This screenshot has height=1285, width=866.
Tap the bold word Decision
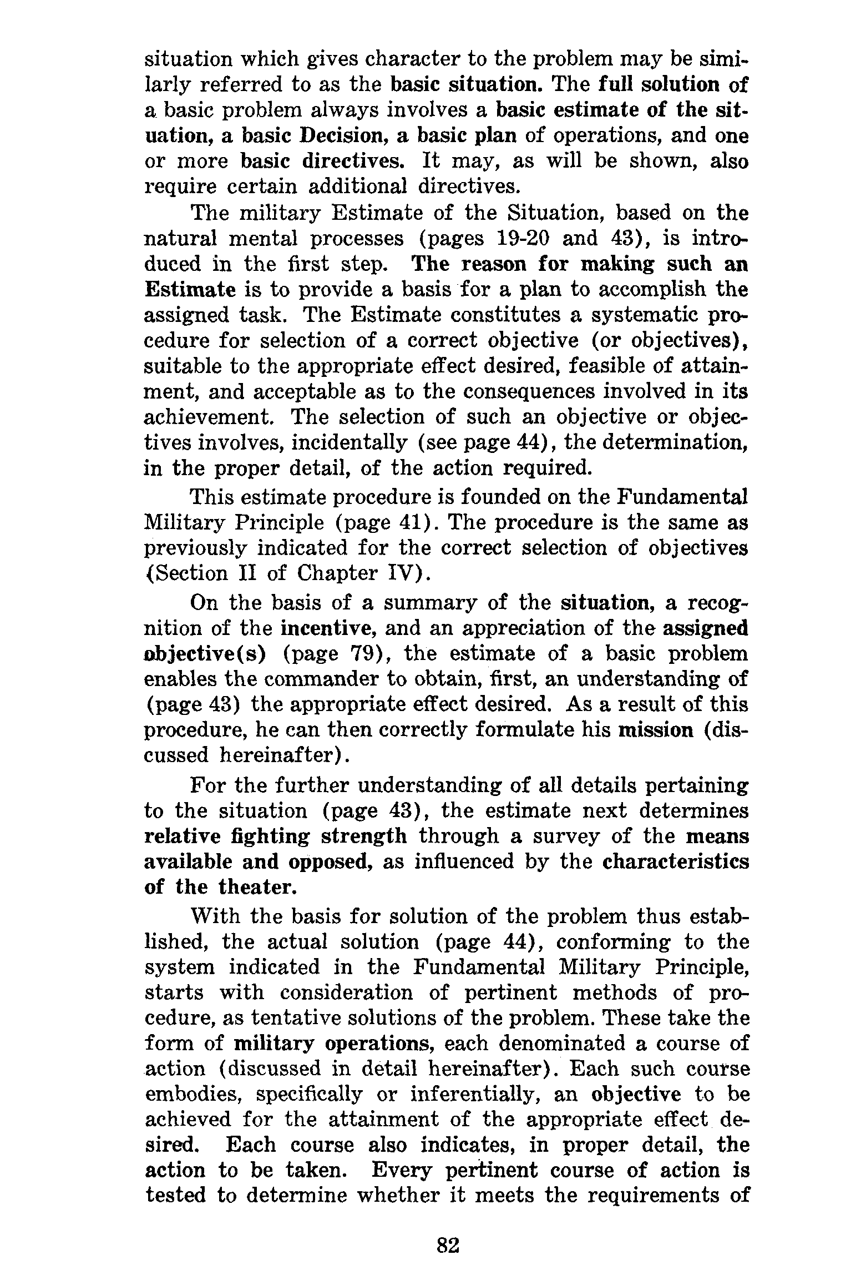tap(337, 135)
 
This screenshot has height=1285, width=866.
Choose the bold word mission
tap(655, 730)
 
